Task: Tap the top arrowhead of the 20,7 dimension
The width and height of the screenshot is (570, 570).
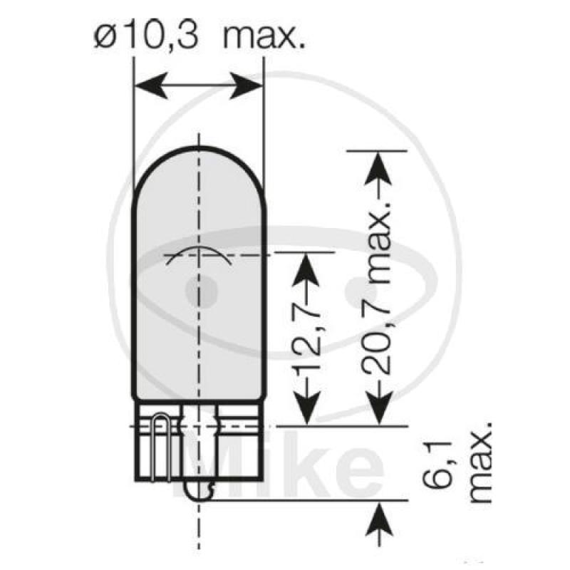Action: click(378, 165)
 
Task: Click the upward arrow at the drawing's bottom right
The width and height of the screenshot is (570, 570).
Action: click(378, 517)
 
